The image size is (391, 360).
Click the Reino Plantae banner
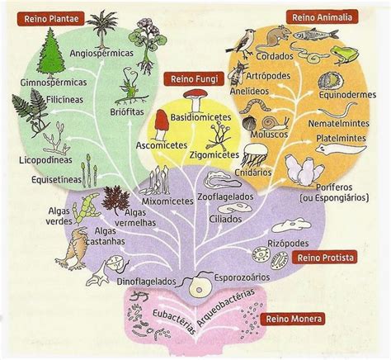pos(51,19)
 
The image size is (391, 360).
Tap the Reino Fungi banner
pos(195,79)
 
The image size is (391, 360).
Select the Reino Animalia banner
pos(322,17)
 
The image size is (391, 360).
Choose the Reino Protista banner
pos(325,258)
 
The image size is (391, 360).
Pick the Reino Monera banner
pos(294,319)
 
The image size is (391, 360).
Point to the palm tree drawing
pos(102,29)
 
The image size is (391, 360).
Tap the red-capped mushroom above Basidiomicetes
pos(195,101)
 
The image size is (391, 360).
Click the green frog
pos(345,55)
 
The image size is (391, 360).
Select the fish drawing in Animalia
pos(316,34)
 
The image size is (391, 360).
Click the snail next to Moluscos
pos(275,123)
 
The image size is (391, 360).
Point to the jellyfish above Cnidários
pos(255,155)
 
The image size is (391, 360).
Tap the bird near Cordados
pos(242,44)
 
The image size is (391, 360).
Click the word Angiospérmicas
pos(101,53)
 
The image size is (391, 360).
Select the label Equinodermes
pos(347,95)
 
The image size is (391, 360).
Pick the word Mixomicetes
pos(167,201)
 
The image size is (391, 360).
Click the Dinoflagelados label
pos(146,282)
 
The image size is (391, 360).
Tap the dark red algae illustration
pos(115,200)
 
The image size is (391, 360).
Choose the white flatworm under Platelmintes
pos(341,150)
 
